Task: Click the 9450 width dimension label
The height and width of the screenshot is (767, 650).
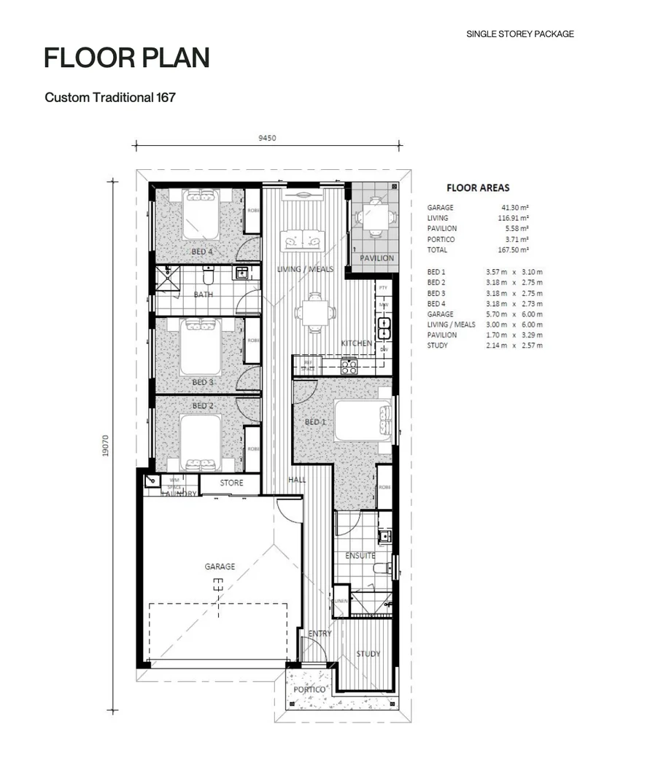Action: pyautogui.click(x=266, y=138)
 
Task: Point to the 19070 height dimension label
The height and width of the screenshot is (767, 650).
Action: pyautogui.click(x=106, y=446)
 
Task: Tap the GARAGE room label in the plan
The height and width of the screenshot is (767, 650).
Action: pyautogui.click(x=220, y=567)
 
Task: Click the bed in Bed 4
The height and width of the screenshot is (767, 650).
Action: pyautogui.click(x=201, y=214)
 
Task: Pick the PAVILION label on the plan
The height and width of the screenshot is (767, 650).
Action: pyautogui.click(x=376, y=258)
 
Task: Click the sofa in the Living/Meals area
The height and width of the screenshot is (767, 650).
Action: pyautogui.click(x=303, y=238)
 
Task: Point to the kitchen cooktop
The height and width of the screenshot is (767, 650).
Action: pyautogui.click(x=349, y=367)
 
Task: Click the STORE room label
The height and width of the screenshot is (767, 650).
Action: pyautogui.click(x=231, y=483)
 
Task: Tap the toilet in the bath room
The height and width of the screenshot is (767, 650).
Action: pyautogui.click(x=209, y=276)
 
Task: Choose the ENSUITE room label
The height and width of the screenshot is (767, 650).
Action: pyautogui.click(x=360, y=556)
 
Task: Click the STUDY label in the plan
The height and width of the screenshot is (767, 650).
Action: pyautogui.click(x=368, y=654)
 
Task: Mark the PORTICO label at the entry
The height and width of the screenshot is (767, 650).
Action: pyautogui.click(x=309, y=689)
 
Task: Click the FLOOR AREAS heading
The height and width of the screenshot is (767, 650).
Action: pyautogui.click(x=478, y=188)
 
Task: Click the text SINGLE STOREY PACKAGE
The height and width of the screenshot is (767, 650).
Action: pyautogui.click(x=519, y=34)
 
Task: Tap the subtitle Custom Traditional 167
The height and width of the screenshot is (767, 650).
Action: pyautogui.click(x=110, y=97)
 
